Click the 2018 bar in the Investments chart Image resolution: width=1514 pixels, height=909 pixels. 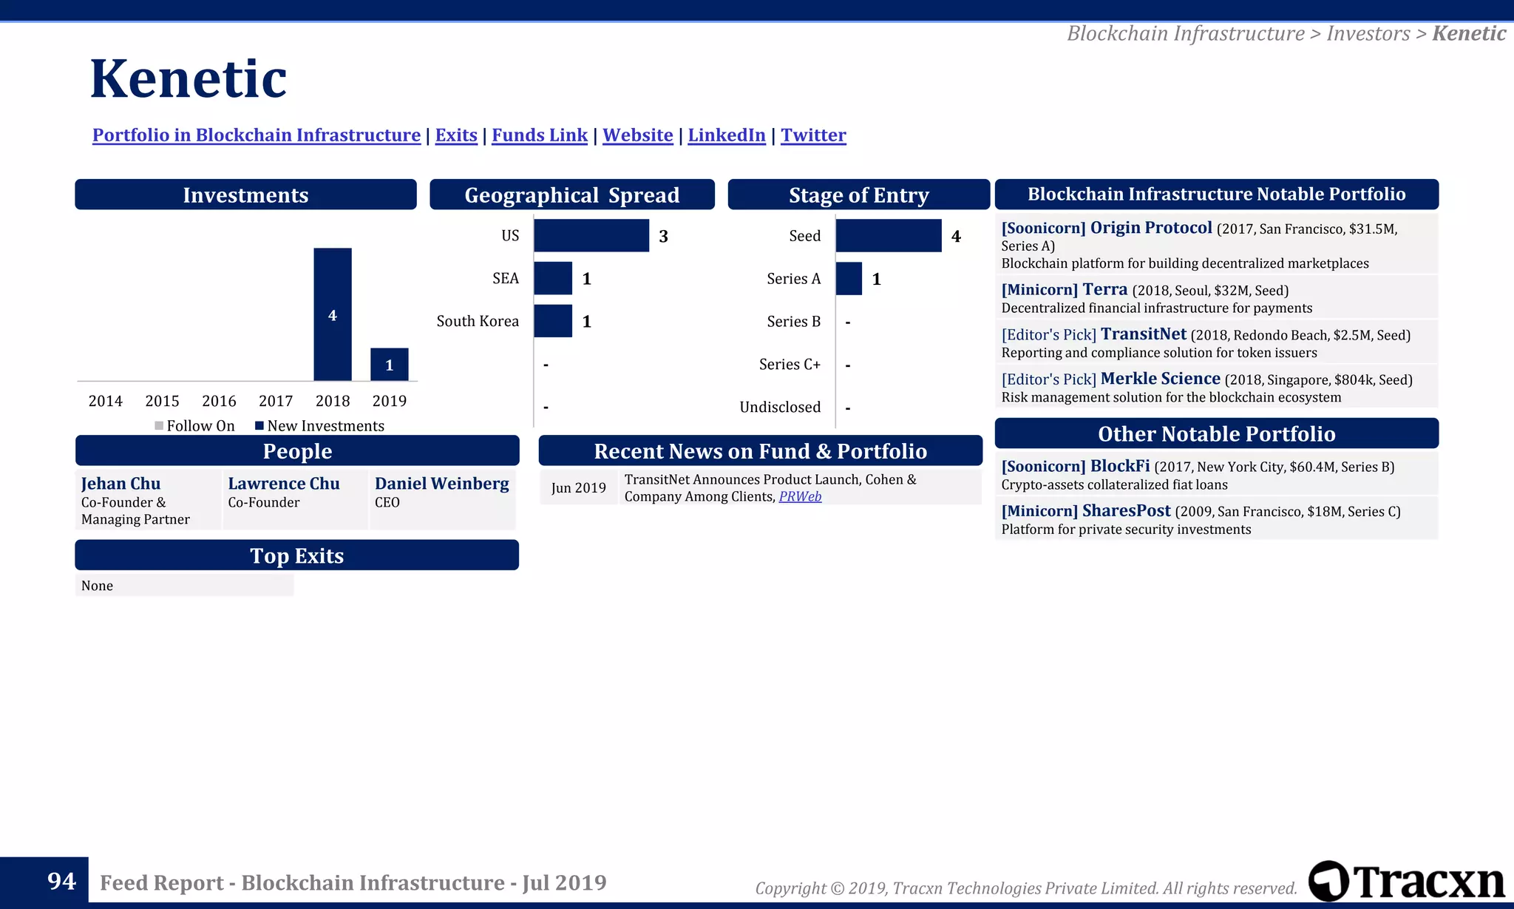click(332, 314)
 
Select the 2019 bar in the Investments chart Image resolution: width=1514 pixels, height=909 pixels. click(389, 364)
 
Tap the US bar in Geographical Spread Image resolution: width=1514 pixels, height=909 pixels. click(591, 236)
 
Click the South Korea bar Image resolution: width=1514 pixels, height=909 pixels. click(552, 321)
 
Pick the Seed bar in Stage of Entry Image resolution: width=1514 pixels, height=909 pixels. click(888, 236)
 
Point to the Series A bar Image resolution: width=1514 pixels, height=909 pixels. click(849, 279)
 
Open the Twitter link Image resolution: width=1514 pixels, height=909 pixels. click(813, 135)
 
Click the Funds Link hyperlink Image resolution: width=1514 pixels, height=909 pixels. click(540, 135)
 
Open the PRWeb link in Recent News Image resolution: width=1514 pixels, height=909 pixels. click(800, 497)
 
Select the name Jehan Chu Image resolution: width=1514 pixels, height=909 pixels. click(120, 484)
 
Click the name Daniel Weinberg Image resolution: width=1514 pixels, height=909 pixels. click(441, 484)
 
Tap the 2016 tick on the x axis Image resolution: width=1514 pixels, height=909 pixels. click(219, 401)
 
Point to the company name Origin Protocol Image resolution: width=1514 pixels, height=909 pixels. click(1151, 228)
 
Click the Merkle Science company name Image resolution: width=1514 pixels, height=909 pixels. click(1160, 379)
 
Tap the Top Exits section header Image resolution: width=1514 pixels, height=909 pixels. click(296, 555)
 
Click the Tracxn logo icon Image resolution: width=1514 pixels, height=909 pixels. click(1328, 881)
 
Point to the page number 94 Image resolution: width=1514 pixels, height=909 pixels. click(61, 882)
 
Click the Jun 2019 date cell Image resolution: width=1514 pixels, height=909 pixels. click(578, 488)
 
